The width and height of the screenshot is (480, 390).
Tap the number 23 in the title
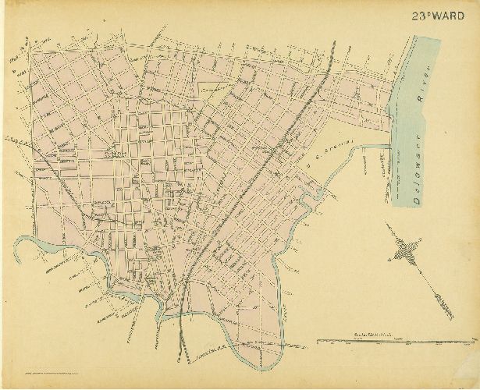(421, 15)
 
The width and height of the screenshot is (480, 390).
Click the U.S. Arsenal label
(327, 154)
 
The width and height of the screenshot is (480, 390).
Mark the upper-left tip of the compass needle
(386, 224)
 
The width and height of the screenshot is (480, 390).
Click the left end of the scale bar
(318, 342)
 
